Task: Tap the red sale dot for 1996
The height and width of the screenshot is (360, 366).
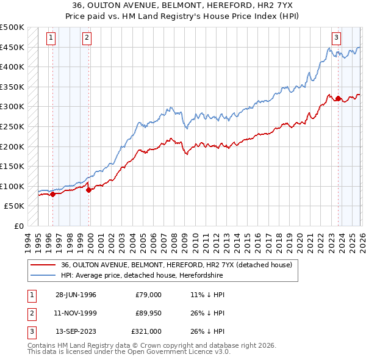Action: [52, 195]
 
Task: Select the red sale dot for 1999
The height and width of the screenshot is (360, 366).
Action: [89, 190]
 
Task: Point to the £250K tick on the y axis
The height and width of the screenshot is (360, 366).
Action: [12, 126]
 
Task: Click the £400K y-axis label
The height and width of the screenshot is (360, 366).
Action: [12, 67]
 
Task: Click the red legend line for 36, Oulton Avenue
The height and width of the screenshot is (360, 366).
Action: [43, 265]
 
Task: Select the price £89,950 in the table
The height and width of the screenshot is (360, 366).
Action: [148, 313]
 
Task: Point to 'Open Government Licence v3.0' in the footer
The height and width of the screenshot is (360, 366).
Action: [183, 352]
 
